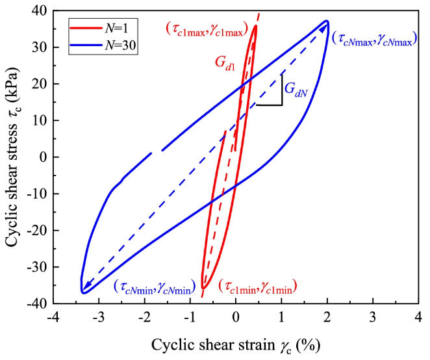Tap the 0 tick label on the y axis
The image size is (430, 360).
pyautogui.click(x=42, y=157)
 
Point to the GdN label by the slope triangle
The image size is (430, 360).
pyautogui.click(x=296, y=92)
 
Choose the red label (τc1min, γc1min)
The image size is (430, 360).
pyautogui.click(x=258, y=286)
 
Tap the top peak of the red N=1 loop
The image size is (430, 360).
pyautogui.click(x=256, y=25)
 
